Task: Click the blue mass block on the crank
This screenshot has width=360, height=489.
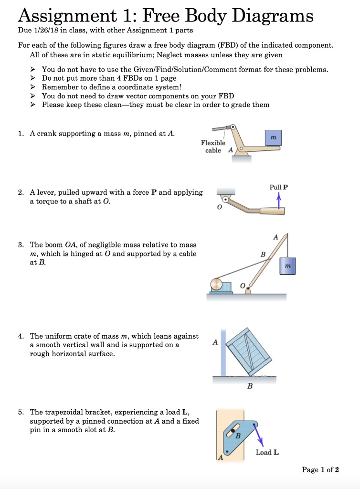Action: pos(273,138)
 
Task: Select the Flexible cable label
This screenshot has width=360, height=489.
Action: pos(213,147)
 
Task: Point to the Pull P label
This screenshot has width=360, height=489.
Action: pos(278,187)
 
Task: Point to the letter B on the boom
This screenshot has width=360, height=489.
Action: pos(262,254)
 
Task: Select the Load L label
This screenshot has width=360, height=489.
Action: pos(267,452)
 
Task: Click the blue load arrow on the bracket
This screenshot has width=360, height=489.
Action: pos(260,436)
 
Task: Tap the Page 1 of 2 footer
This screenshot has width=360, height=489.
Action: pos(320,470)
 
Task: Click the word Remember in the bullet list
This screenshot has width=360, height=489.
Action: pos(58,87)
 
